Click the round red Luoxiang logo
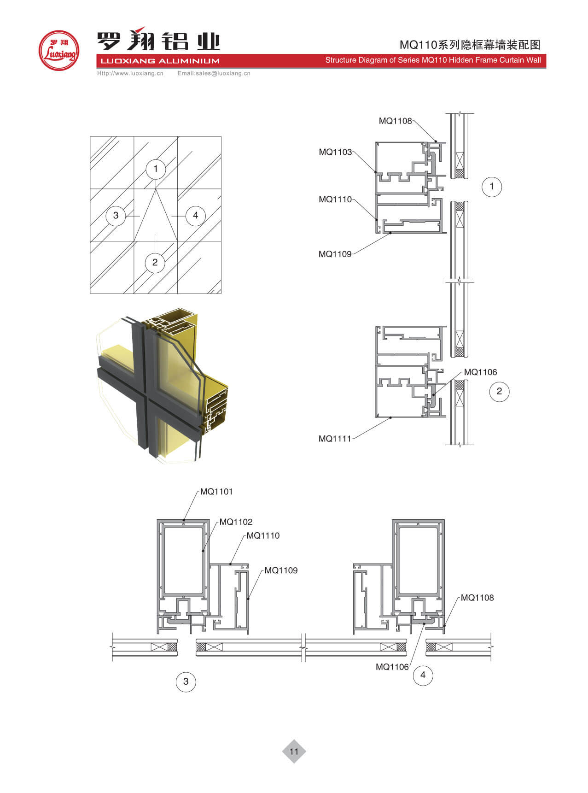58,51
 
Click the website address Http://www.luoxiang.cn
130,73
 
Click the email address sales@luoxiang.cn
214,73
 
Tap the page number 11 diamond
294,752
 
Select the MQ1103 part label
335,152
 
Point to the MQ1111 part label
335,439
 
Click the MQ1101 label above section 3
216,492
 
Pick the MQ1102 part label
236,522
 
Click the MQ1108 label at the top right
395,121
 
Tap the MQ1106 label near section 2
480,372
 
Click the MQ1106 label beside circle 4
392,667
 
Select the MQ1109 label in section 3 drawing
281,570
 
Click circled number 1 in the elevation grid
156,169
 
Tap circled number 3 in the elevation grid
116,215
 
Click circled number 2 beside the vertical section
499,392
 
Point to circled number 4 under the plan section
423,676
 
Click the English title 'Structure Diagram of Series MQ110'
433,60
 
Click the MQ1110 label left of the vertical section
335,200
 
